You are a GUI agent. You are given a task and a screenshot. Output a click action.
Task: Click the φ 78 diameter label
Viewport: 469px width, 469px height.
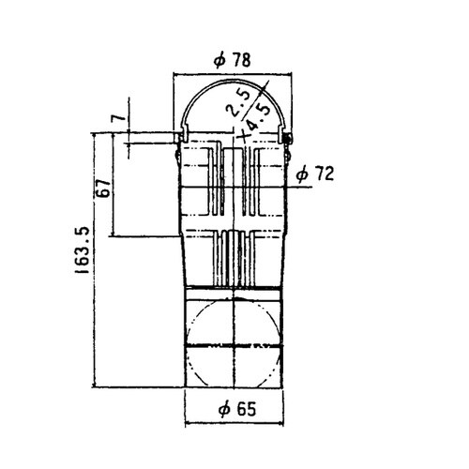[232, 60]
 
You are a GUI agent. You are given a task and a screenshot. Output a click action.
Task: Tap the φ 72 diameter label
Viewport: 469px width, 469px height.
[315, 174]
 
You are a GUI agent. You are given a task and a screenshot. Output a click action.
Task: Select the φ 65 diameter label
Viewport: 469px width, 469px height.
[237, 409]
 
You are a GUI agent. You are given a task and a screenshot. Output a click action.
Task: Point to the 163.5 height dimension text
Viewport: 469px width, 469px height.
[82, 250]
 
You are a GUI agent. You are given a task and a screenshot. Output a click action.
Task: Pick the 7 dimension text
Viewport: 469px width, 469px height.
[118, 118]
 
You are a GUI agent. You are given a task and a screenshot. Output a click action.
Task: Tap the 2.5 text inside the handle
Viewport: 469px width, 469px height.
[239, 102]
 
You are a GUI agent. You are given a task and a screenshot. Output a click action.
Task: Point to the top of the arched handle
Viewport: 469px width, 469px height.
[233, 81]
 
